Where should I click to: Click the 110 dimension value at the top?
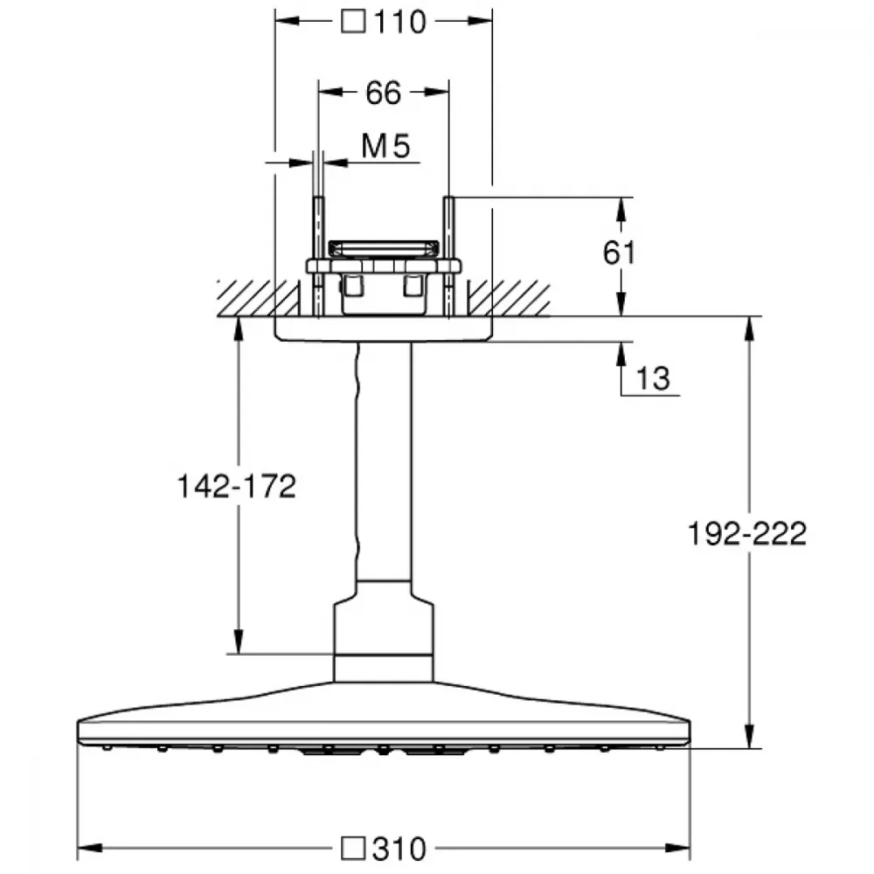pos(400,23)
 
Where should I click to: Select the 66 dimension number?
pos(384,93)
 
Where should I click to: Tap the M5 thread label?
pos(385,146)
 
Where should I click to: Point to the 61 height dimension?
pos(619,253)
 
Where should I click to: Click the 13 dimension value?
pos(653,378)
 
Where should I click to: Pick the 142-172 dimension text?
pos(236,486)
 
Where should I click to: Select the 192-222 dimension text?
pos(747,533)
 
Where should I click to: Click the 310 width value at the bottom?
pos(399,849)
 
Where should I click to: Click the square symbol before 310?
pos(353,848)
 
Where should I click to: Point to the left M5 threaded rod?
pos(319,256)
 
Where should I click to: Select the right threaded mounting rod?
pos(449,256)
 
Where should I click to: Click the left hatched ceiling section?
pos(258,298)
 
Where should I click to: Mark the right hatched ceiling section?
pos(510,299)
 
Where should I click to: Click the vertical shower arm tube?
pos(384,461)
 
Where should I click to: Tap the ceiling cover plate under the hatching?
pos(384,329)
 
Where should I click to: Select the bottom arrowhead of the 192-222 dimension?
pos(750,735)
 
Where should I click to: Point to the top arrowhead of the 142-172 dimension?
pos(239,329)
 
